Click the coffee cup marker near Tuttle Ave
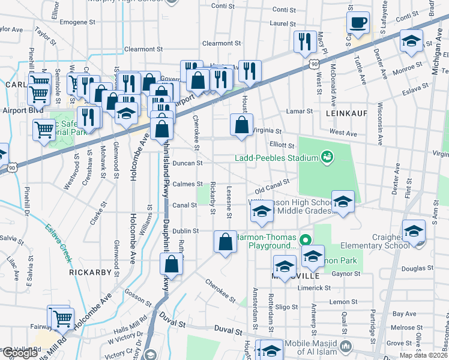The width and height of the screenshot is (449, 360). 360,23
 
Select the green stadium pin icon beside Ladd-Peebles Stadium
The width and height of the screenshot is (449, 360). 327,158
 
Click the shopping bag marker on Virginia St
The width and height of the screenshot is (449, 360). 241,125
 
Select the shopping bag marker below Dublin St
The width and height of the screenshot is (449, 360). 225,242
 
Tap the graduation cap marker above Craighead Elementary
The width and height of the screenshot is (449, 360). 414,232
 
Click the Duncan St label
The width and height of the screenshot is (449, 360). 187,163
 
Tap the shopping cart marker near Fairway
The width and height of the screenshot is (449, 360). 62,318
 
